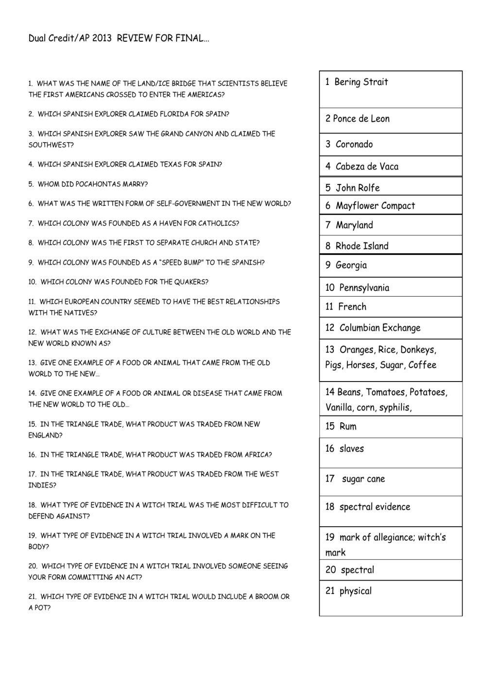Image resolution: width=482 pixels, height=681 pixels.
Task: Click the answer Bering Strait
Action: (361, 82)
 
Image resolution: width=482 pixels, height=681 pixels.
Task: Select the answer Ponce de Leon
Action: (361, 119)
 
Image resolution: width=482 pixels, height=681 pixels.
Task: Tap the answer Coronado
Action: (354, 144)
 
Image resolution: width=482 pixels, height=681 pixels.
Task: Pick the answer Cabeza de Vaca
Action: (367, 166)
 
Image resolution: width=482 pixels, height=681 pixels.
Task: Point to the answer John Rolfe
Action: (358, 188)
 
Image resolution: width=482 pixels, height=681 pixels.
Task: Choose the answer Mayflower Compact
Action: (375, 206)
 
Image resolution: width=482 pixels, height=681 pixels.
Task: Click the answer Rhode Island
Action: (362, 246)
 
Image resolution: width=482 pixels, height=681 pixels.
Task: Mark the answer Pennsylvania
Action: (364, 288)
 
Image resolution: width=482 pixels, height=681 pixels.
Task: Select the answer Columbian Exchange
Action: (380, 328)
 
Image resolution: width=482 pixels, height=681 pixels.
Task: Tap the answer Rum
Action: (347, 427)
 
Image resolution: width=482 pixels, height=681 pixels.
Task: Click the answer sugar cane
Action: (363, 479)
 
